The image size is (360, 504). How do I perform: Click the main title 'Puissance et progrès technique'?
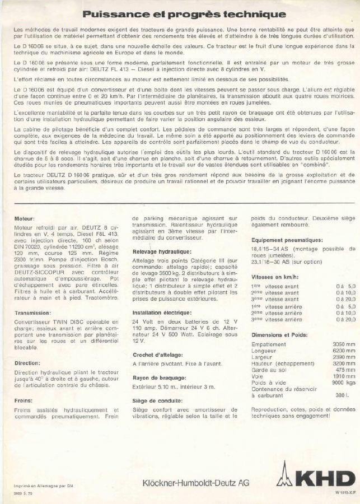(x=184, y=15)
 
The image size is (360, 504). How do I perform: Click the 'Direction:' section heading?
(x=28, y=363)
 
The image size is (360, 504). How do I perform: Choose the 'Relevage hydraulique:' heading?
(x=162, y=253)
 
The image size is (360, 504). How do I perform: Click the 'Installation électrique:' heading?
(x=162, y=312)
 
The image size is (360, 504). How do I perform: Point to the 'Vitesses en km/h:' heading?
(x=275, y=277)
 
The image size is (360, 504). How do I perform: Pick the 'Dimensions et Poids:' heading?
(x=279, y=334)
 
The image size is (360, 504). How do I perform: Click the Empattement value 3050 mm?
(x=343, y=344)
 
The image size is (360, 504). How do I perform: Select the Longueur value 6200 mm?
(x=343, y=351)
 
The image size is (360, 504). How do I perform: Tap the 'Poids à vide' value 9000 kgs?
(x=343, y=383)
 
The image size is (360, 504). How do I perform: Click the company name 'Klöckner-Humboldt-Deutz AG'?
(x=196, y=482)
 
